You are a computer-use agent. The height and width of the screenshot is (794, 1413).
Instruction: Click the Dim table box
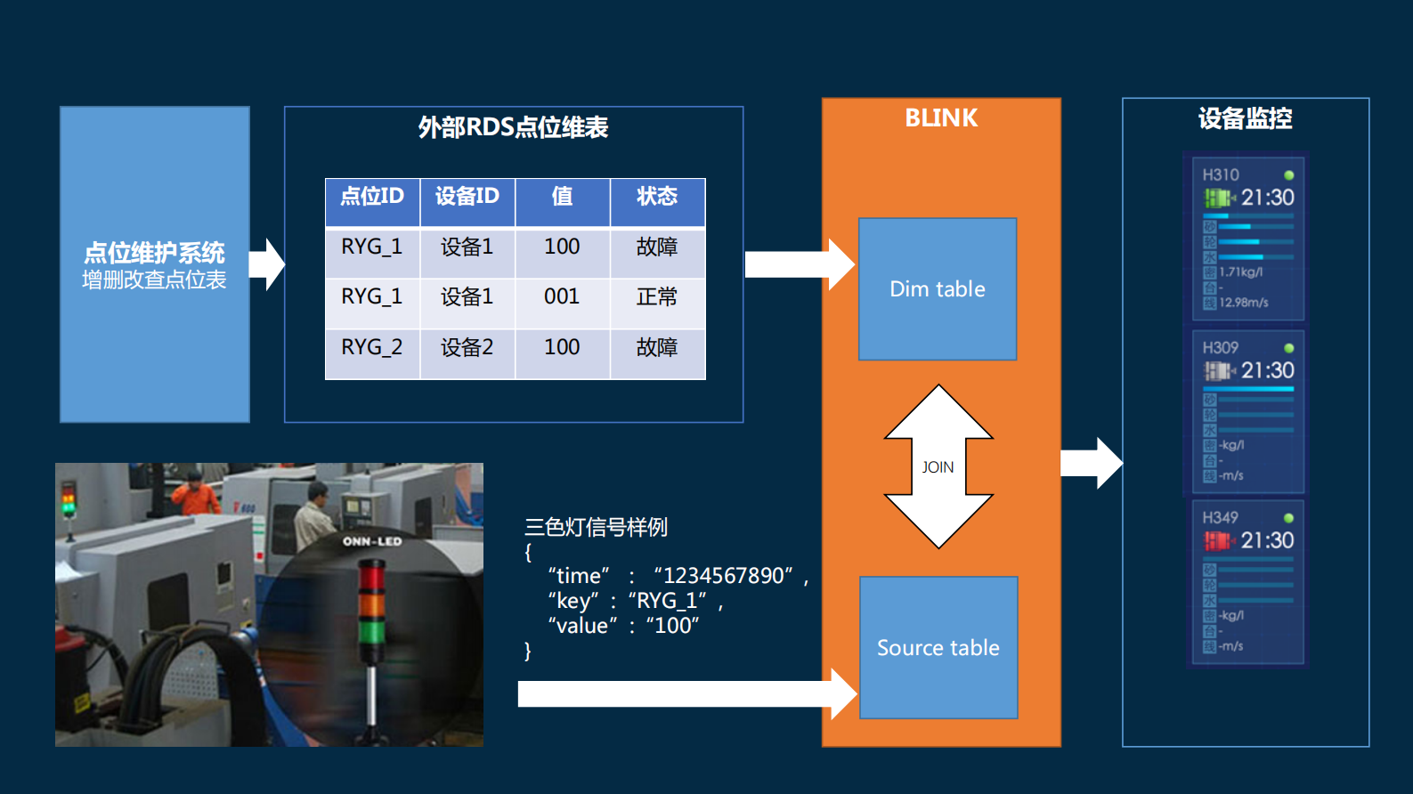(937, 288)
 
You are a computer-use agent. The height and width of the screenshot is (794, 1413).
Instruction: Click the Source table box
(938, 647)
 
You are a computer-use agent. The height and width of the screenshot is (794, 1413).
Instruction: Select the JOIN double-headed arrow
(938, 466)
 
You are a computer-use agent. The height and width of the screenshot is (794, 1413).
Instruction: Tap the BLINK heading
(941, 118)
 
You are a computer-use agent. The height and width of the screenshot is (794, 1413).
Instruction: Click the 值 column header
(562, 197)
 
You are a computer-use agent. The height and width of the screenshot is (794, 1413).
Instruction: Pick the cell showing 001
(562, 296)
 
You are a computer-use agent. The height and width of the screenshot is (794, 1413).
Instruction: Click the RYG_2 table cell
(371, 347)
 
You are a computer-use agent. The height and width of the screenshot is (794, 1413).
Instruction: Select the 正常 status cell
(657, 296)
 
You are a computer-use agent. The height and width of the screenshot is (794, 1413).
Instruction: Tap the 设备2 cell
(467, 347)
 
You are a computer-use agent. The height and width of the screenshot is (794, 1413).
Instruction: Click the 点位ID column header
(372, 197)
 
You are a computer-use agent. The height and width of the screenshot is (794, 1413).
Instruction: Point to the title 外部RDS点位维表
(513, 127)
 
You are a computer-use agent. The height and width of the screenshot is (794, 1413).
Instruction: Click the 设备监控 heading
(1245, 118)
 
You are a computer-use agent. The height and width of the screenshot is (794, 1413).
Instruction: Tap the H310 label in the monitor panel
(1220, 175)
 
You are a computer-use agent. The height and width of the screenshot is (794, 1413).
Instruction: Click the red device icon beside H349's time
(1217, 540)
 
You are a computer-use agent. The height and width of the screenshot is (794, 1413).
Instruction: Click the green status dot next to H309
(1288, 348)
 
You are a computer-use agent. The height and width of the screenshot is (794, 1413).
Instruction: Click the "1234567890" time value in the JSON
(723, 576)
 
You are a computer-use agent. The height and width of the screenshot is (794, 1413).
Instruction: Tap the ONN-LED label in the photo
(372, 541)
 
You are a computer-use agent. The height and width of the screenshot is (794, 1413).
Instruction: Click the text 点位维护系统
(154, 253)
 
